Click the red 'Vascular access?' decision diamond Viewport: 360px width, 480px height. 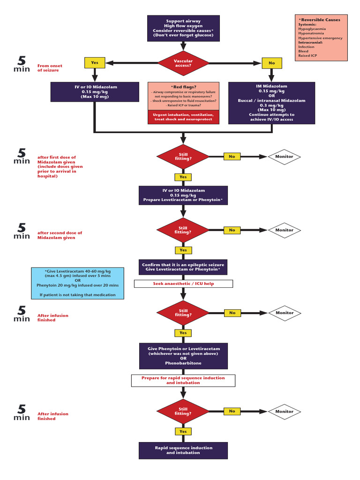click(x=183, y=63)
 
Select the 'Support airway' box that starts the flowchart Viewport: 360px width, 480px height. click(x=183, y=28)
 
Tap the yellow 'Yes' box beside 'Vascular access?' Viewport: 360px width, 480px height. click(x=95, y=63)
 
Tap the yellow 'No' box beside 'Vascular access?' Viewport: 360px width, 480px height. click(x=271, y=63)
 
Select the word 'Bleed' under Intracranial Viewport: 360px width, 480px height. click(x=303, y=51)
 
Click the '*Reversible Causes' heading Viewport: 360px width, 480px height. click(x=320, y=20)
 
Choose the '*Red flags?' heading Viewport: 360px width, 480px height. click(x=183, y=87)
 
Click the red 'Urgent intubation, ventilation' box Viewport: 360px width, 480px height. click(x=183, y=117)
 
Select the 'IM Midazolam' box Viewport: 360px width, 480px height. click(x=271, y=103)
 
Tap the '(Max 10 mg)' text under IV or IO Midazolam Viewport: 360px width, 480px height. click(x=95, y=97)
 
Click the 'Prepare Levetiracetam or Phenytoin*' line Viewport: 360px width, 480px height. click(x=183, y=200)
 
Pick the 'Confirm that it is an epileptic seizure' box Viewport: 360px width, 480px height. click(x=183, y=267)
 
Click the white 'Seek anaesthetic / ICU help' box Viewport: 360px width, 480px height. click(x=183, y=284)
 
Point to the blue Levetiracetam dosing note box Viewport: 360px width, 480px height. click(x=78, y=283)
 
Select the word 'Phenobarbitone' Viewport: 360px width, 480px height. click(x=183, y=363)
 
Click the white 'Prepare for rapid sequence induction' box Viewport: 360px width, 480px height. click(x=183, y=380)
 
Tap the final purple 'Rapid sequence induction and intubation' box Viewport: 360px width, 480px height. click(x=183, y=450)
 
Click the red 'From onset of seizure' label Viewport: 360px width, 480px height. click(x=50, y=68)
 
